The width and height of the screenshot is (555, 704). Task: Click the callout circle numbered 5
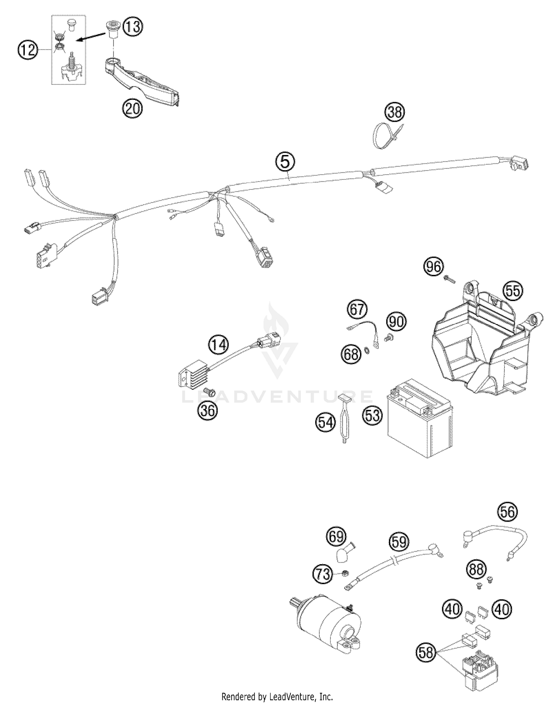[285, 162]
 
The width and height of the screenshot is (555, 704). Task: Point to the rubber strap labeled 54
[344, 420]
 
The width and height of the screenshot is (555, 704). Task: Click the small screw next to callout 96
[450, 279]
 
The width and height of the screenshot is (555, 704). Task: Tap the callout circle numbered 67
[357, 309]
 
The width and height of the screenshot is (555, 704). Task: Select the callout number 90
[396, 321]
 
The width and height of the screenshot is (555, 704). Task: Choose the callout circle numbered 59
[399, 542]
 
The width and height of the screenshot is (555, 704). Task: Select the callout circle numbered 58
[426, 652]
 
